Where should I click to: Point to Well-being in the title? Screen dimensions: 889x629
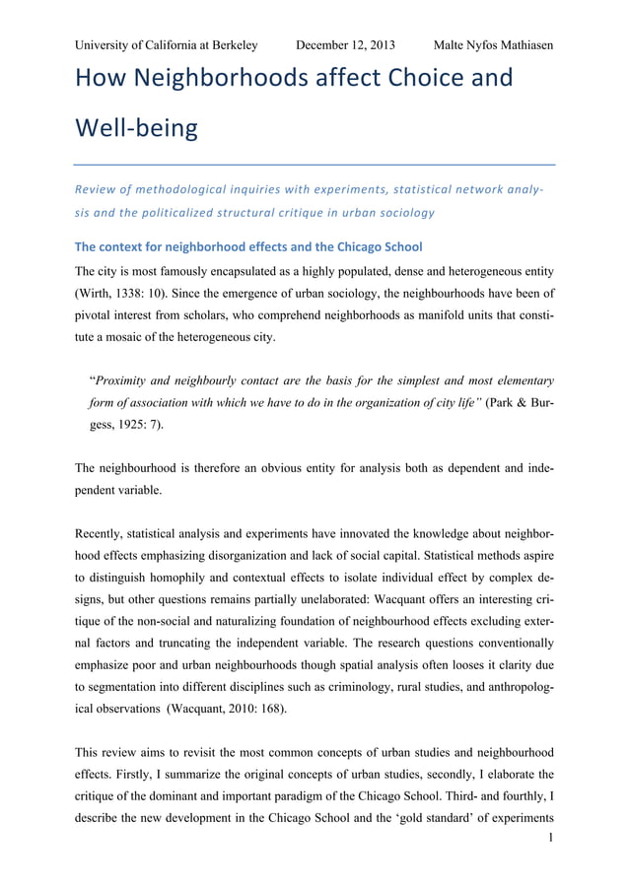tap(135, 128)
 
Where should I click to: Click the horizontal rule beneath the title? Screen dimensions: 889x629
tap(314, 164)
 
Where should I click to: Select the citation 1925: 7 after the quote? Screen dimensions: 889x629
tap(141, 425)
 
